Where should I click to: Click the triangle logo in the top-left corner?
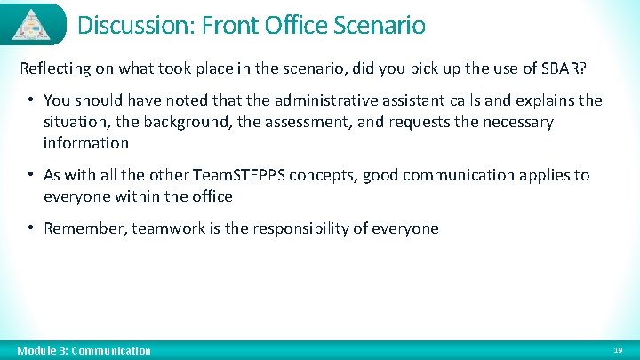(x=33, y=24)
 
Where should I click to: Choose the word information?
(x=85, y=143)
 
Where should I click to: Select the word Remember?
(x=83, y=228)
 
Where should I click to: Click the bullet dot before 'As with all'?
(x=30, y=175)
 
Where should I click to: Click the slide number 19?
(x=619, y=350)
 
